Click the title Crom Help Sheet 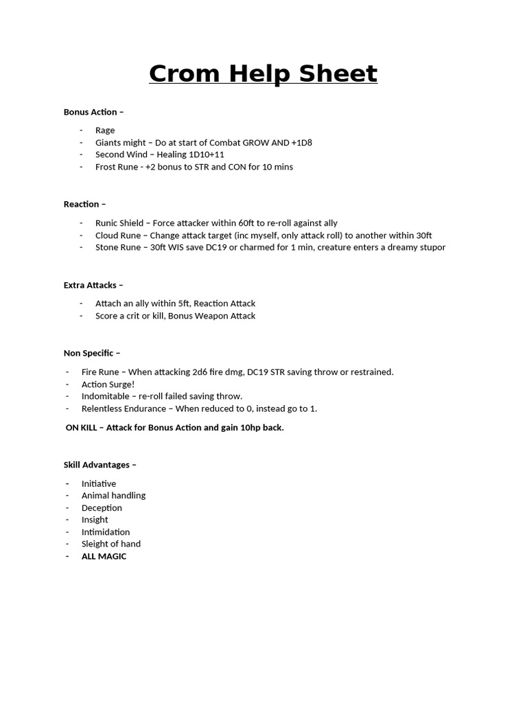263,73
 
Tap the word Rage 105,130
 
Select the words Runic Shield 119,223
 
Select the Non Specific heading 91,353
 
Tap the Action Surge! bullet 108,384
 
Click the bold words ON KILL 81,428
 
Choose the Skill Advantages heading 99,465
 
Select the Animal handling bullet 113,496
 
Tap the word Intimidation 106,532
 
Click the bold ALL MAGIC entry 104,556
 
